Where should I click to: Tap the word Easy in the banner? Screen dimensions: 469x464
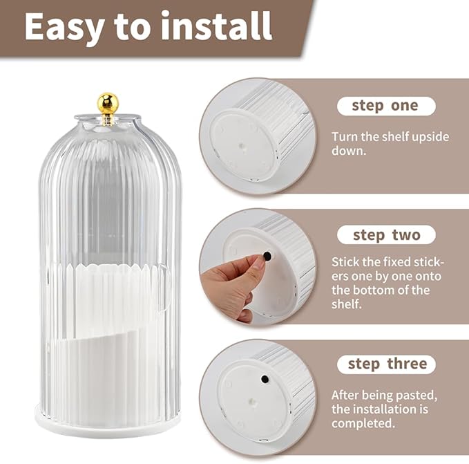coord(65,28)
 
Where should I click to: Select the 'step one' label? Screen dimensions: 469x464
coord(385,106)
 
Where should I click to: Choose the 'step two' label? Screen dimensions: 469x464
coord(386,235)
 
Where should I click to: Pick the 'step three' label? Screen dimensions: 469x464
coord(386,364)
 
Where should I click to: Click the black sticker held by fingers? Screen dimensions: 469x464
coord(267,256)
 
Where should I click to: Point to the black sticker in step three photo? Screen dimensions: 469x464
coord(265,379)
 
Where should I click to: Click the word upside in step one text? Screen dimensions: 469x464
coord(430,137)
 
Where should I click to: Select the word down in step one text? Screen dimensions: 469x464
coord(348,151)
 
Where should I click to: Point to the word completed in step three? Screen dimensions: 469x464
coord(363,423)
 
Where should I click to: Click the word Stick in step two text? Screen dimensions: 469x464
coord(345,262)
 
